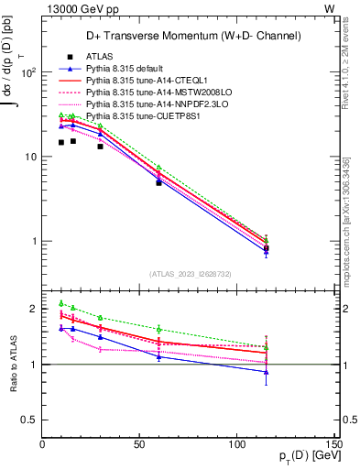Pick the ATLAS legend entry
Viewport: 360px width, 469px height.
[x=99, y=57]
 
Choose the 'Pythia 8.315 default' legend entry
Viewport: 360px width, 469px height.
[x=128, y=69]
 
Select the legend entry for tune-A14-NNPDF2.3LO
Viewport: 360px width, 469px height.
[x=152, y=104]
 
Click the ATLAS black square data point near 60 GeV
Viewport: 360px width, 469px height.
[x=158, y=182]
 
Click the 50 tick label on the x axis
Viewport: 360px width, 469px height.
[x=139, y=444]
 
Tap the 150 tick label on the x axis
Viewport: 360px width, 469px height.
[x=334, y=444]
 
